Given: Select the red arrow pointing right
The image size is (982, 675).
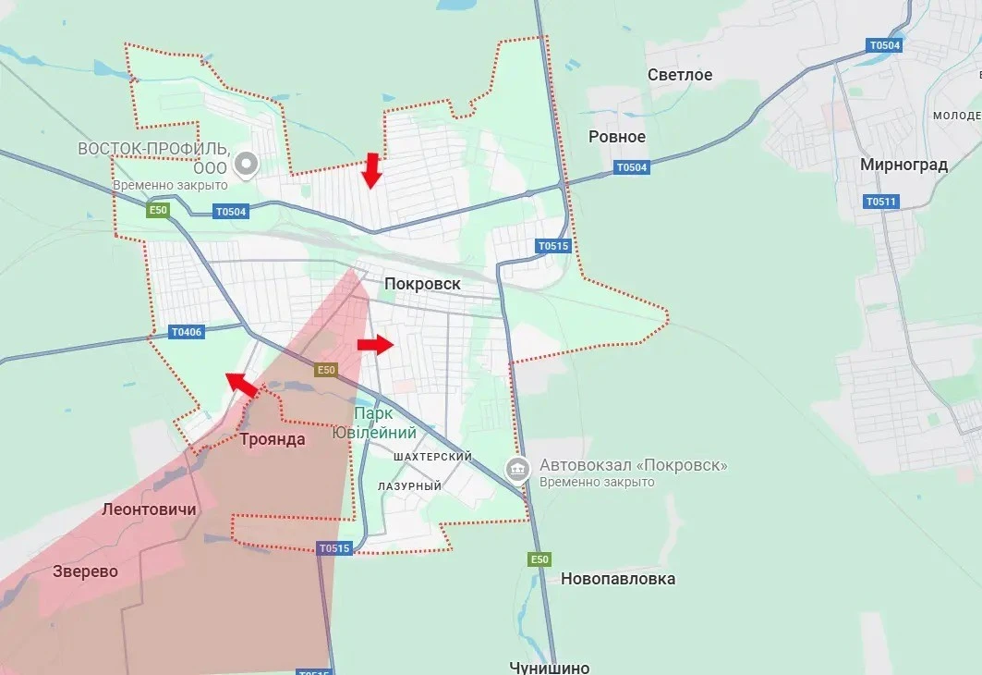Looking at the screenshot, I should pyautogui.click(x=374, y=345).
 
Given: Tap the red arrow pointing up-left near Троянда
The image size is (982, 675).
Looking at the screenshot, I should pyautogui.click(x=242, y=385).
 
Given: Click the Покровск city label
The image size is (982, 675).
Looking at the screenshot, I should pyautogui.click(x=423, y=284).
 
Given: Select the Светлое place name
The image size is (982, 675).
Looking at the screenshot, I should pyautogui.click(x=680, y=75).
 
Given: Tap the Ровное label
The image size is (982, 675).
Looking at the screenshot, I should pyautogui.click(x=617, y=137).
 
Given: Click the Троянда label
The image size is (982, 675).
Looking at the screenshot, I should pyautogui.click(x=272, y=439).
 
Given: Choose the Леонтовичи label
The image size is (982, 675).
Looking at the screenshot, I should pyautogui.click(x=149, y=509).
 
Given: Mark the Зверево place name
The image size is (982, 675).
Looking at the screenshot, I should pyautogui.click(x=85, y=571).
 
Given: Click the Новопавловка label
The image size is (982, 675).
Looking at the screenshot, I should pyautogui.click(x=618, y=579).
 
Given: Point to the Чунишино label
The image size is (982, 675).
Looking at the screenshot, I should pyautogui.click(x=550, y=667).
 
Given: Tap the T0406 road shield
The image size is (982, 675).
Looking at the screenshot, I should pyautogui.click(x=186, y=331).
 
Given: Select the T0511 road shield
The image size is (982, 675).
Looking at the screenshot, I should pyautogui.click(x=881, y=202).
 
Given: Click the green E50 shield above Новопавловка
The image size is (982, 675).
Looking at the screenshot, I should pyautogui.click(x=539, y=559).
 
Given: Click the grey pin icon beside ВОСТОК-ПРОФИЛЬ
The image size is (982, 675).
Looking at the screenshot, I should pyautogui.click(x=247, y=166).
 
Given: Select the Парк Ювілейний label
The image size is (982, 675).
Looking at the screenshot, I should pyautogui.click(x=385, y=423).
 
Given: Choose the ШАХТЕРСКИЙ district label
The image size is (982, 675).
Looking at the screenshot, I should pyautogui.click(x=432, y=457).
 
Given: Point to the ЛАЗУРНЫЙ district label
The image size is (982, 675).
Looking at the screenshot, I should pyautogui.click(x=409, y=485).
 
